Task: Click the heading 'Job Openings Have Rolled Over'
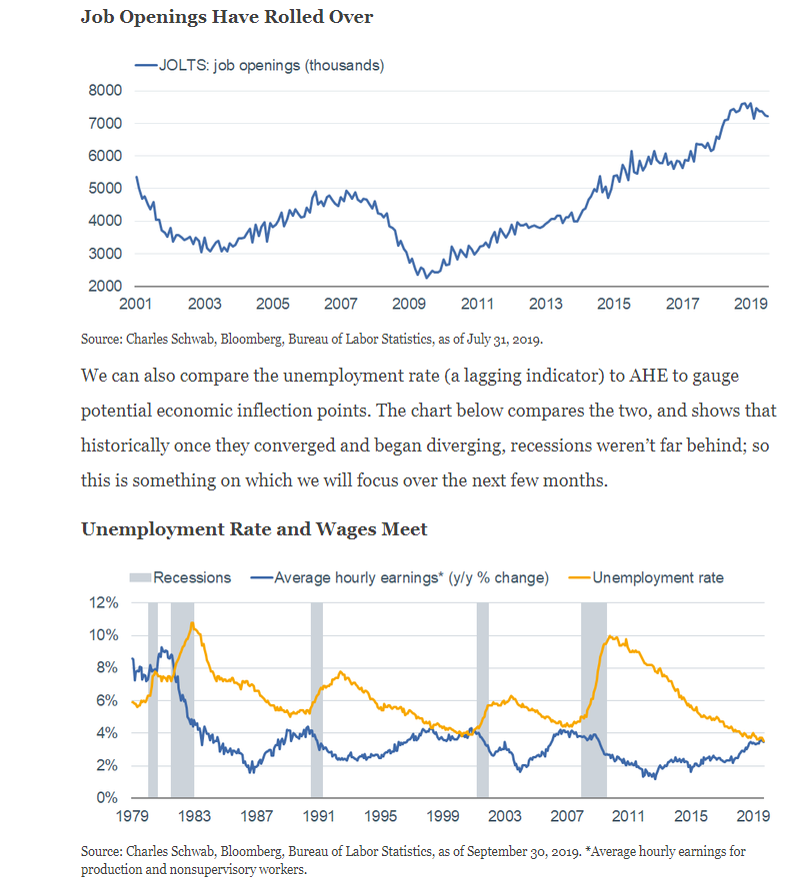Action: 227,17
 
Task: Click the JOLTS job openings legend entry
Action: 259,65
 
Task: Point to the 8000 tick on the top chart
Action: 105,90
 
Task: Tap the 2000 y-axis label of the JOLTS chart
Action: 105,286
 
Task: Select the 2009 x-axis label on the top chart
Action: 409,305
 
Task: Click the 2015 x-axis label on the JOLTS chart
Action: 614,305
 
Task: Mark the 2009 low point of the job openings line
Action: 427,278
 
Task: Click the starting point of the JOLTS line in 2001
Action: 136,177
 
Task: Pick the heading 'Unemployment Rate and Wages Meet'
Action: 254,529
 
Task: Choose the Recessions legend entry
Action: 180,577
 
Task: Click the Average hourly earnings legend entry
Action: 400,577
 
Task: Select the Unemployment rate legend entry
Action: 646,577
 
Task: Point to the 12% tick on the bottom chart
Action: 103,602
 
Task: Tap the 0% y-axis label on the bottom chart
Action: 107,798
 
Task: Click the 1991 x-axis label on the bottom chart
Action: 318,816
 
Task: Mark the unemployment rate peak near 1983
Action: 193,622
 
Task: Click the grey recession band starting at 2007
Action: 593,700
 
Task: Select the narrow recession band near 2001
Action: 483,700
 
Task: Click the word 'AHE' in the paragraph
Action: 649,376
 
